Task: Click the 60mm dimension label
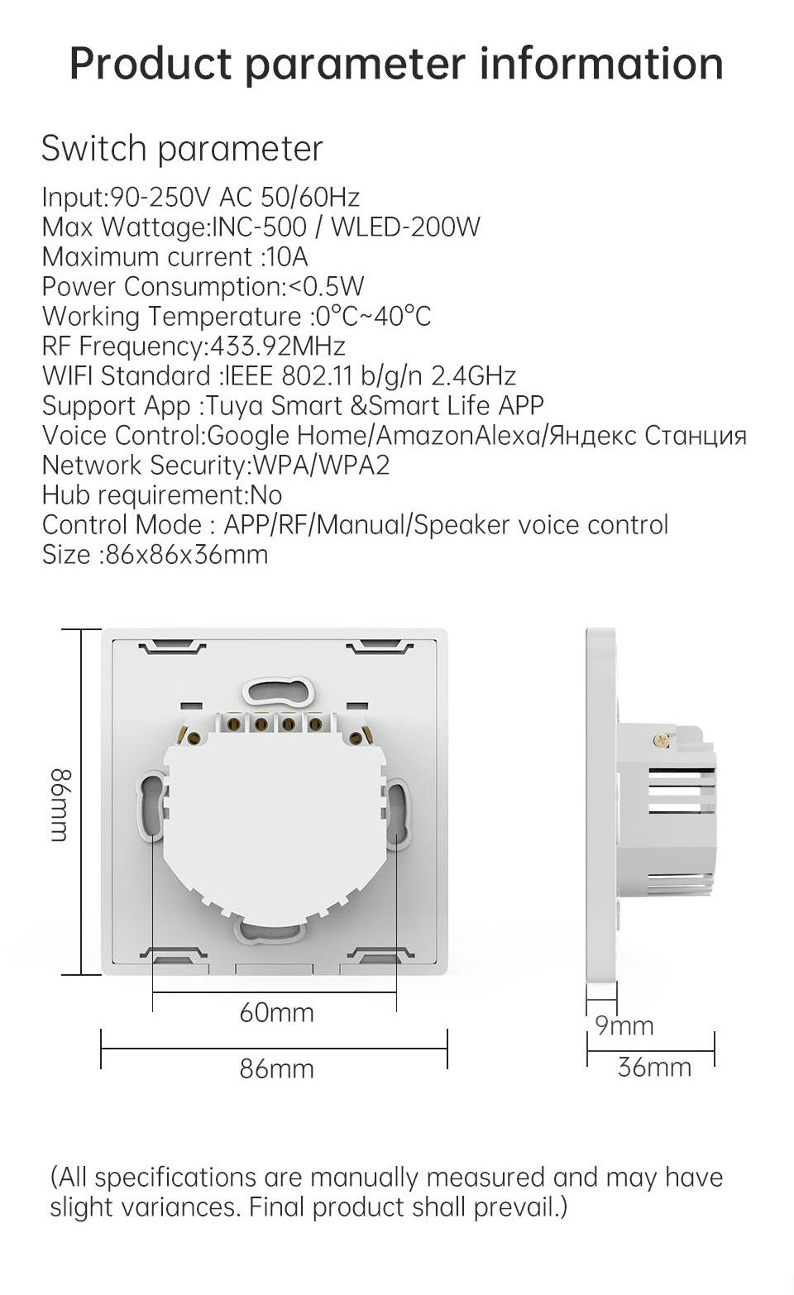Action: point(276,1012)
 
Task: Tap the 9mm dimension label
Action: point(624,1025)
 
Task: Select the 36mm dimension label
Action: point(654,1067)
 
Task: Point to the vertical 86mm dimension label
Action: point(61,805)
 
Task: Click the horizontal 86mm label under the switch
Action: point(276,1068)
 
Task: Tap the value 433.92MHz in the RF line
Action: point(278,346)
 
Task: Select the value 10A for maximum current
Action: point(286,256)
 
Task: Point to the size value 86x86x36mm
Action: point(186,554)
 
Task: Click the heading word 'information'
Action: point(601,63)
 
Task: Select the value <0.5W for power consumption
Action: point(324,286)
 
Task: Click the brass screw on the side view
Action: point(662,741)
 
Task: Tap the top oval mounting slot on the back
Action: point(277,690)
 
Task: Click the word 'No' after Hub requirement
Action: point(266,495)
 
